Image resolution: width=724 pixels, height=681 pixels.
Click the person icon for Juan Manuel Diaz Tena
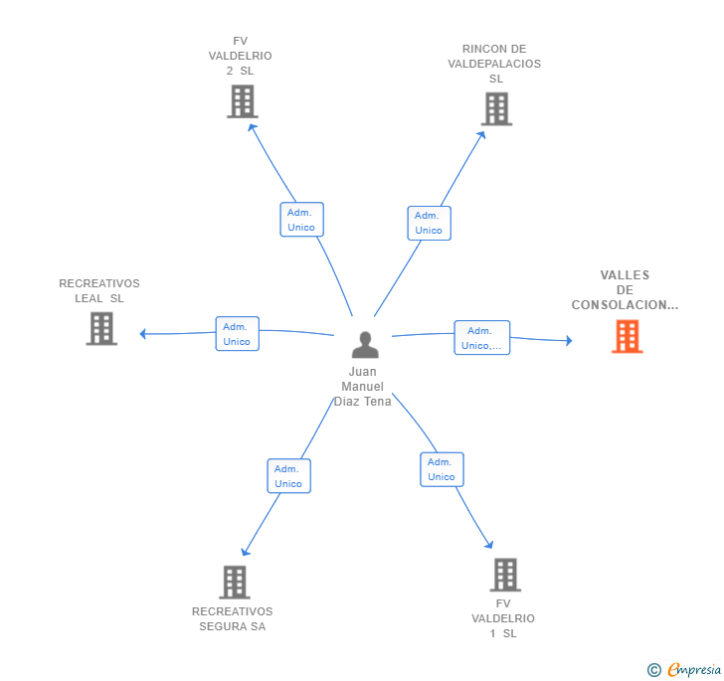pos(365,345)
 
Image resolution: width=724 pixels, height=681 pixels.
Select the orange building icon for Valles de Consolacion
pos(627,337)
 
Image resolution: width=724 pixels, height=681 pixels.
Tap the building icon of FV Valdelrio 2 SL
pos(243,101)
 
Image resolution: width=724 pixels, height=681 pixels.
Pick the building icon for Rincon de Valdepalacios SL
pos(497,109)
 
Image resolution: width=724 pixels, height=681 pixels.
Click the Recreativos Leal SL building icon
pos(101,329)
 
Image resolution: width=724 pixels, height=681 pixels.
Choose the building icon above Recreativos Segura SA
pos(235,583)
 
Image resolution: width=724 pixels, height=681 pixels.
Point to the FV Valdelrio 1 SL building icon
pos(505,575)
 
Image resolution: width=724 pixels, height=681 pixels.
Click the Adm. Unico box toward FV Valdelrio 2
pos(302,220)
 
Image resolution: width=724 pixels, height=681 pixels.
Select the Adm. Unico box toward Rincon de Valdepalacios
pos(430,223)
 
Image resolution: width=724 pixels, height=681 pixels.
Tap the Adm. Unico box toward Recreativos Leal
pos(238,334)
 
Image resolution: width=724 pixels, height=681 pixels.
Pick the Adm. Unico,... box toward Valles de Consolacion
pos(482,337)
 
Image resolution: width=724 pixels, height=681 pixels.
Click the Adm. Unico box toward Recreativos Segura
pos(289,476)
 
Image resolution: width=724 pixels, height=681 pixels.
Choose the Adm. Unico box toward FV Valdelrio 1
pos(442,469)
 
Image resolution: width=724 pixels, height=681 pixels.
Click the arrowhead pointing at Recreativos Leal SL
pos(142,334)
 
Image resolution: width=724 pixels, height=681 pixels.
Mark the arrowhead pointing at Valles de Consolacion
pos(569,341)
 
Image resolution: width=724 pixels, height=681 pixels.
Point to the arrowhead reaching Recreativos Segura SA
pos(246,552)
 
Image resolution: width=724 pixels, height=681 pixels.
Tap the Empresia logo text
pos(694,669)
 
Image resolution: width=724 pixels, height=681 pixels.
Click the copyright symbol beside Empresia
pos(653,670)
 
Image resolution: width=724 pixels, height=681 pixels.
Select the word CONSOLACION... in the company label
pos(625,305)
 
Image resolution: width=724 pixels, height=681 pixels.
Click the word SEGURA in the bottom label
pos(224,626)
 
